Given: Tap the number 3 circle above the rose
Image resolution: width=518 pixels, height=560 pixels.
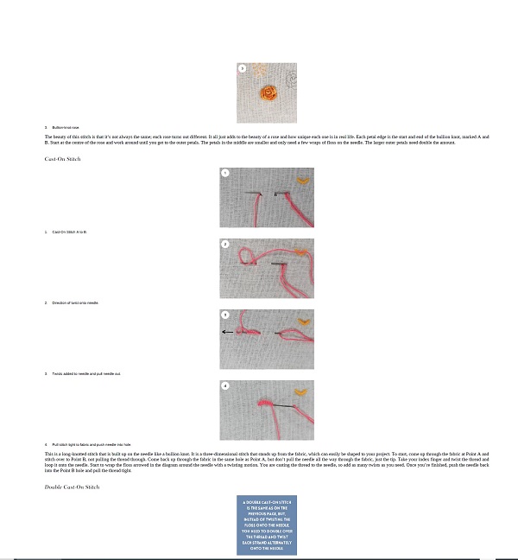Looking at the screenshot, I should point(243,67).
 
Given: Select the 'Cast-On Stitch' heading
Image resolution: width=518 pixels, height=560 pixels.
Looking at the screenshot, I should point(62,159).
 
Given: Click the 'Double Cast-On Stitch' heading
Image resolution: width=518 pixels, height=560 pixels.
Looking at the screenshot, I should point(72,487).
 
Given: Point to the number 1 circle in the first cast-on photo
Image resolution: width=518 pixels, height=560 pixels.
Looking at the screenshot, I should point(225,174).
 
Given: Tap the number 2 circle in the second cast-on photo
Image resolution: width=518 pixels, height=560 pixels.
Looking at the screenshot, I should point(225,245).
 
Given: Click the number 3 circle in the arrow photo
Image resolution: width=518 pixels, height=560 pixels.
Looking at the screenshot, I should point(225,315).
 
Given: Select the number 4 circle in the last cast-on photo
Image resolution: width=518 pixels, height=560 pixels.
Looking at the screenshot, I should point(225,386).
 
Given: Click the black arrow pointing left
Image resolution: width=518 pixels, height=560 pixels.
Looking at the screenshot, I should point(227,332).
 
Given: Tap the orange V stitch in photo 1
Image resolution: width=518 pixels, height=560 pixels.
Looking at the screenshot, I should point(303,181).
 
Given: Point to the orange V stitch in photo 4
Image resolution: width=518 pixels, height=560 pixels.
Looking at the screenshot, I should point(301,393).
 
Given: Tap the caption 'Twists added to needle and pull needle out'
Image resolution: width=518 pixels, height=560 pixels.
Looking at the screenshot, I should point(85,373).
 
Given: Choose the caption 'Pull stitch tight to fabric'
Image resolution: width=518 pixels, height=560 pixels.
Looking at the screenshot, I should point(91,444).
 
